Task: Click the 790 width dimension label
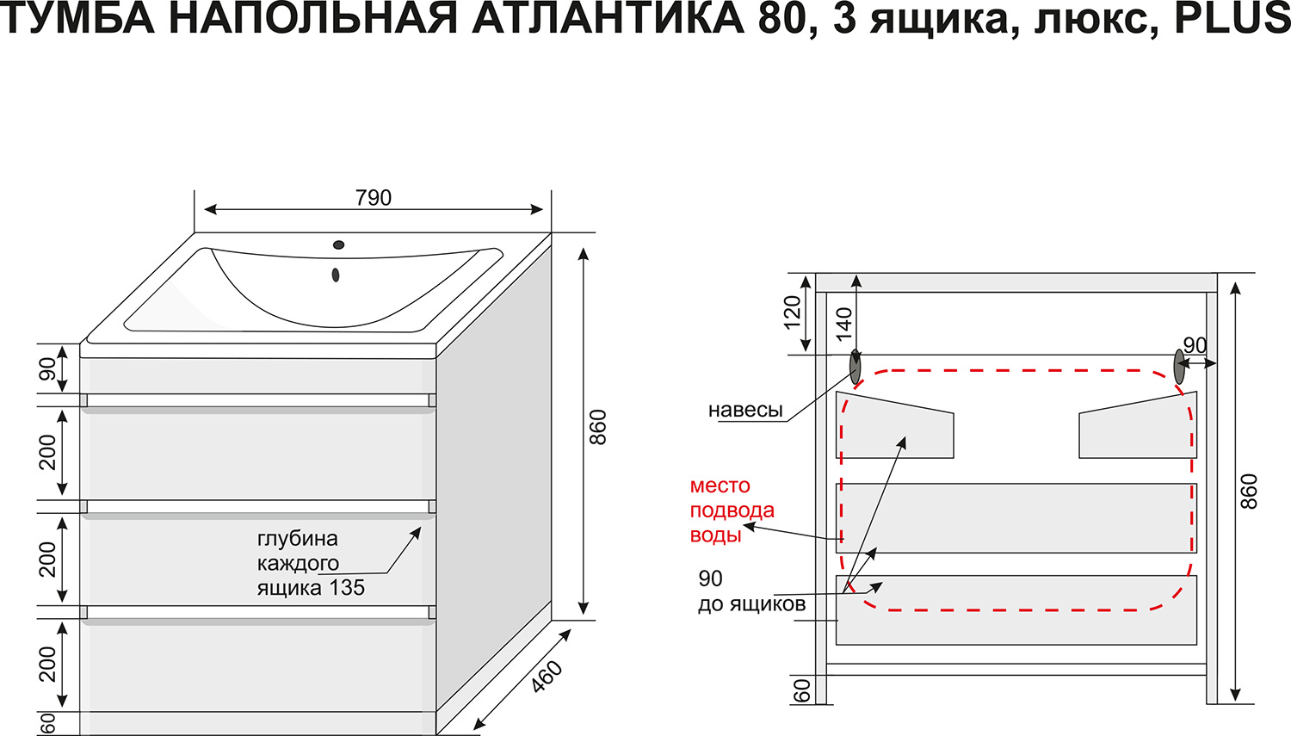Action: (374, 198)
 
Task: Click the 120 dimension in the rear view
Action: (793, 312)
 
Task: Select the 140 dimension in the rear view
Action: (843, 324)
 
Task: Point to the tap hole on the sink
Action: (339, 245)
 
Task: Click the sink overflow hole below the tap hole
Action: (336, 275)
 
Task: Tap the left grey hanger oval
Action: (856, 367)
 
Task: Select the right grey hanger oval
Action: (1179, 367)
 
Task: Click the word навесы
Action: (745, 411)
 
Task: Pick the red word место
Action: (720, 486)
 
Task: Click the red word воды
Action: (715, 535)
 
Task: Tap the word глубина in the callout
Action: (298, 539)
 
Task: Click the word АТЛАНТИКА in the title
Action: (608, 18)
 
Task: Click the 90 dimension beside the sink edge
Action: (48, 369)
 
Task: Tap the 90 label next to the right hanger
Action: (1195, 345)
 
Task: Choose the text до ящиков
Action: (751, 604)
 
